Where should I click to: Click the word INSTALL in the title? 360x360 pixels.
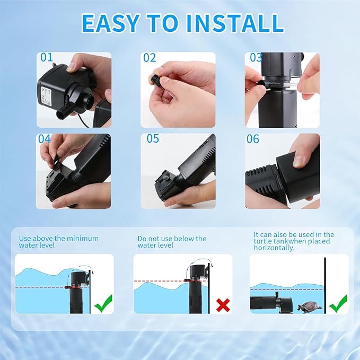[235, 23]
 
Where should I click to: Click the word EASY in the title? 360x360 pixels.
[110, 23]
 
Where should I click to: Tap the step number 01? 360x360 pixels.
[47, 57]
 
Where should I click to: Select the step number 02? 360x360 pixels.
[150, 58]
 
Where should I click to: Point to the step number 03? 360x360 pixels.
[256, 58]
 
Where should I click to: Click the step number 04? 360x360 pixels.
[44, 139]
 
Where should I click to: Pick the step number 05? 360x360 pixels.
[153, 139]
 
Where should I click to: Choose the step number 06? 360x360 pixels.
[252, 139]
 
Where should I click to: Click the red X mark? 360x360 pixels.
[223, 305]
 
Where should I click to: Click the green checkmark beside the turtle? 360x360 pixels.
[338, 304]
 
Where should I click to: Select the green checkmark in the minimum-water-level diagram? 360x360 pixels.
[103, 303]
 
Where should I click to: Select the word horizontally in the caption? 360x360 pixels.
[274, 248]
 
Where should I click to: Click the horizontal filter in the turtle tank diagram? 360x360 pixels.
[271, 303]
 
